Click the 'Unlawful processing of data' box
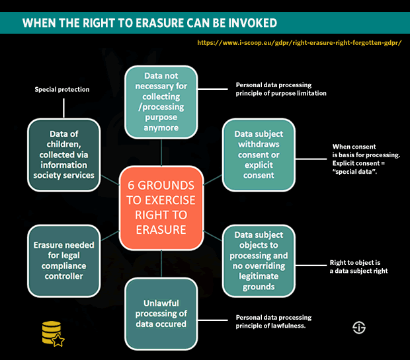point(161,313)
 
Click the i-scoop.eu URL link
point(300,42)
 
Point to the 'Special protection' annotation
point(61,89)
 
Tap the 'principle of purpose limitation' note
point(281,89)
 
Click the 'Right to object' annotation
point(358,266)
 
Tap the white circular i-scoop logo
point(359,328)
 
